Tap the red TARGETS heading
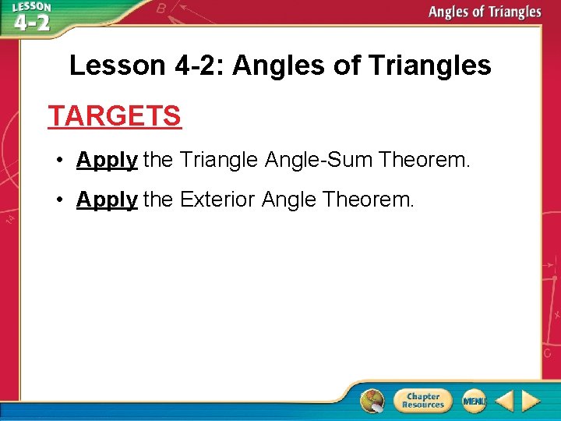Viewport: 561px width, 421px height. [x=115, y=116]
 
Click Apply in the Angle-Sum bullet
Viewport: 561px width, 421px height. [x=107, y=161]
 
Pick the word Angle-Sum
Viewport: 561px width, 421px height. [x=319, y=161]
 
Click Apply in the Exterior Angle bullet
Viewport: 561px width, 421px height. [x=107, y=200]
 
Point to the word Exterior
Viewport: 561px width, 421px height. [x=217, y=200]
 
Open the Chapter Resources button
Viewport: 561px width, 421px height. [x=422, y=401]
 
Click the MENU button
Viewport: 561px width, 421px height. [x=474, y=401]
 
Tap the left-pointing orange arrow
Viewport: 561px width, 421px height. [x=504, y=401]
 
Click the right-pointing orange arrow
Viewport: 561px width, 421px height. [x=531, y=401]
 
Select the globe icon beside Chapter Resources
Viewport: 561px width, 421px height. [x=372, y=401]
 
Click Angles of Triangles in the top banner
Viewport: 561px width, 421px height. [x=484, y=12]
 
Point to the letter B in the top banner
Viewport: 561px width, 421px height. [x=161, y=9]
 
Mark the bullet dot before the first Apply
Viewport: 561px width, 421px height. [x=59, y=161]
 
